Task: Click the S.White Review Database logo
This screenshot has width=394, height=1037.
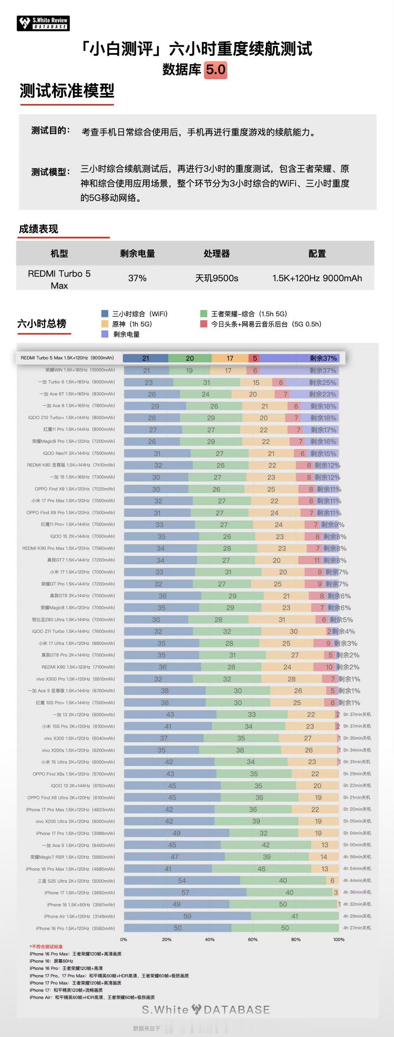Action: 43,23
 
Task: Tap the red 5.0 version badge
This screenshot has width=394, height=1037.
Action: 216,70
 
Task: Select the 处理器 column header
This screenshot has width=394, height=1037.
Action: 217,254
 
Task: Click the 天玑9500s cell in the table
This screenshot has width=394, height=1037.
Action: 217,278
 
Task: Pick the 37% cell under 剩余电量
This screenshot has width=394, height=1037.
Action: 137,278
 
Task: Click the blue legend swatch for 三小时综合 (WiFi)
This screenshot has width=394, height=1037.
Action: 105,314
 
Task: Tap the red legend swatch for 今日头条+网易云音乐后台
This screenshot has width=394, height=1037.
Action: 204,324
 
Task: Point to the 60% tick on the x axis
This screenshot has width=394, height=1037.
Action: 253,939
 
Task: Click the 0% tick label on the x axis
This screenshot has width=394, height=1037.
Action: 124,939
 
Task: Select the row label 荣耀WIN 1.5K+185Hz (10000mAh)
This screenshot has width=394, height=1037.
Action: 80,370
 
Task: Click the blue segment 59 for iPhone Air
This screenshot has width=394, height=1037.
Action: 187,916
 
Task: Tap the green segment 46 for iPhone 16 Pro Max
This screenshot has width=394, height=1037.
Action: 261,869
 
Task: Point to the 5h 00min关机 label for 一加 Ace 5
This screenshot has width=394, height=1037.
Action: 357,844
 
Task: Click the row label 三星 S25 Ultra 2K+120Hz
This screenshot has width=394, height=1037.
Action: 76,881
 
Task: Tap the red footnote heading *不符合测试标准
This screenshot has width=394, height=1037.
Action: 46,947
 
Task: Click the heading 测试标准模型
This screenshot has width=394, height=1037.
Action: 67,91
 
